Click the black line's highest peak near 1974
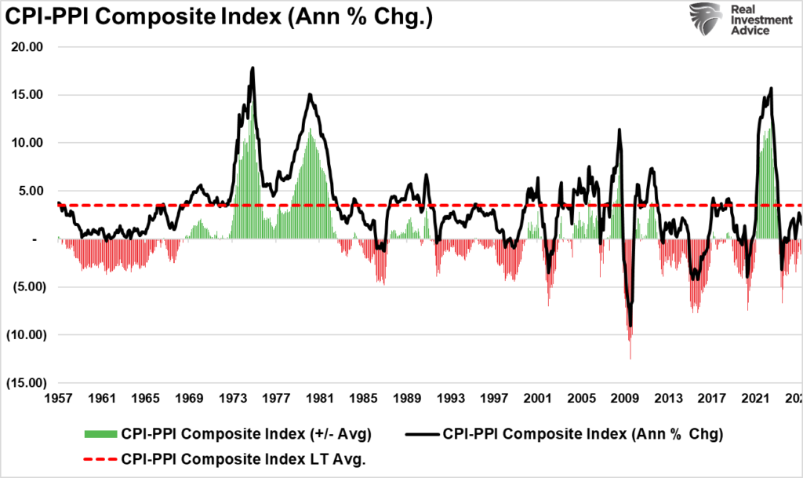(x=253, y=68)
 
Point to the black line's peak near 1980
(x=310, y=94)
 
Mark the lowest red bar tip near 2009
(x=630, y=359)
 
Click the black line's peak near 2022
(x=772, y=88)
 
